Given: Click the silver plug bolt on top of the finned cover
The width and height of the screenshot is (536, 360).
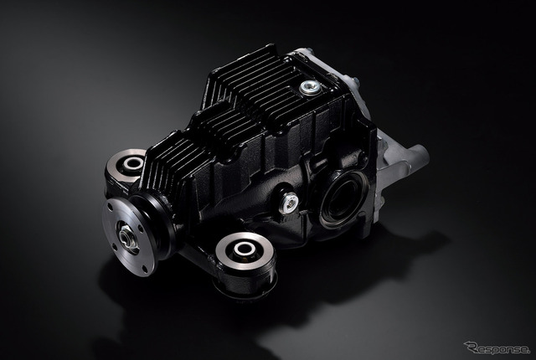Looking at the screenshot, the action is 311,88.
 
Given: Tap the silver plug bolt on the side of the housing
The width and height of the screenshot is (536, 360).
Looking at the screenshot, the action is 289,203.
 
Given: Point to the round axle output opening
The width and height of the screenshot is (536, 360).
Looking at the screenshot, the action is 343,199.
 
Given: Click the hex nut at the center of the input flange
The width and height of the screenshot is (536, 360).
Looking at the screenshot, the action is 126,235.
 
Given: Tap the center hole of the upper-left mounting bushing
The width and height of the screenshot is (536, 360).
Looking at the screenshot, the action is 133,163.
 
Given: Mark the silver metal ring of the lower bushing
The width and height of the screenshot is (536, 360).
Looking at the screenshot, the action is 245,250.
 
